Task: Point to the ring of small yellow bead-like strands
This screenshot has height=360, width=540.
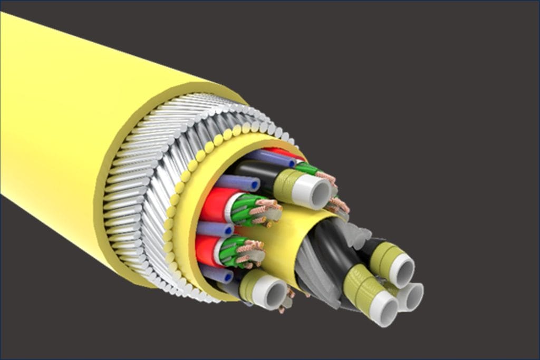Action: (174, 211)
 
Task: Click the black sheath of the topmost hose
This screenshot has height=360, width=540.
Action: (256, 171)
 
